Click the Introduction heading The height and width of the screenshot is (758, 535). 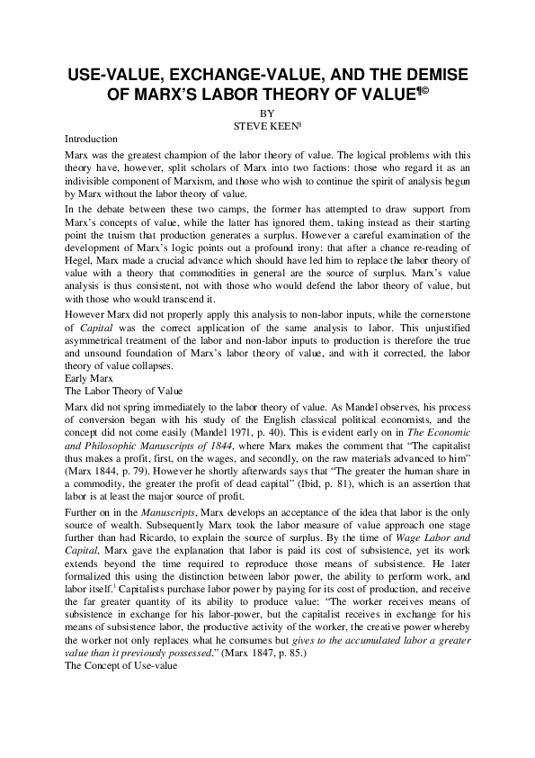[92, 140]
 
